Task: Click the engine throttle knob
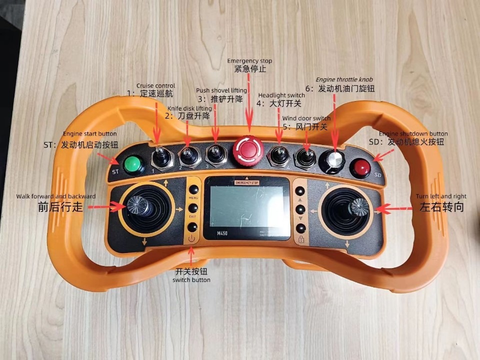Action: (x=333, y=160)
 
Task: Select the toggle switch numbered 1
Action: (x=160, y=156)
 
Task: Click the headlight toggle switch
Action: (x=278, y=154)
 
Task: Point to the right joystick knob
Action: (x=358, y=205)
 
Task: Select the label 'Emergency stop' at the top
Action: (x=250, y=61)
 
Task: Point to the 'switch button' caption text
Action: (x=191, y=280)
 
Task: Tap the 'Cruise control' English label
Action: (x=155, y=86)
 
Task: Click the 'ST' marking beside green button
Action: (x=115, y=172)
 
